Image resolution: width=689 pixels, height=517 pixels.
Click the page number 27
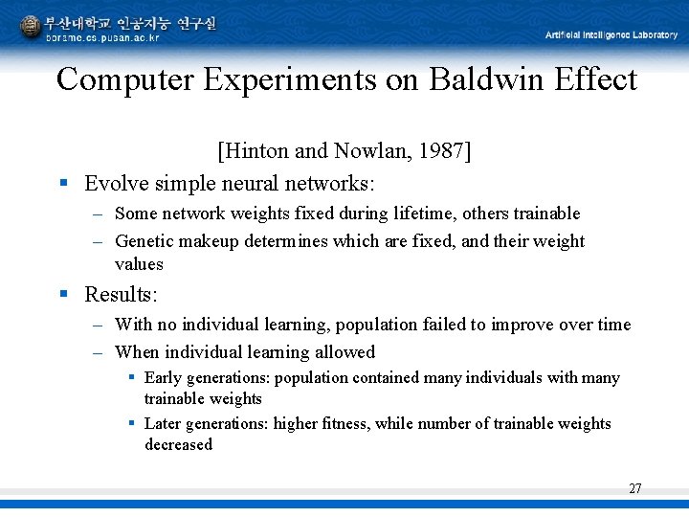pos(634,488)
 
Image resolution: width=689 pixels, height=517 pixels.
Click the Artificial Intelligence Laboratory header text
pos(611,35)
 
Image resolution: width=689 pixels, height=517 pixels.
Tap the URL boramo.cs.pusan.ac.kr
pos(102,37)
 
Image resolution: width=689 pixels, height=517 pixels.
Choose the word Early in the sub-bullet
pos(165,378)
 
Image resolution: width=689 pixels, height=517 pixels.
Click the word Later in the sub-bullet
pos(165,424)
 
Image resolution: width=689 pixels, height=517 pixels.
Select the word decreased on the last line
pos(178,445)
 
